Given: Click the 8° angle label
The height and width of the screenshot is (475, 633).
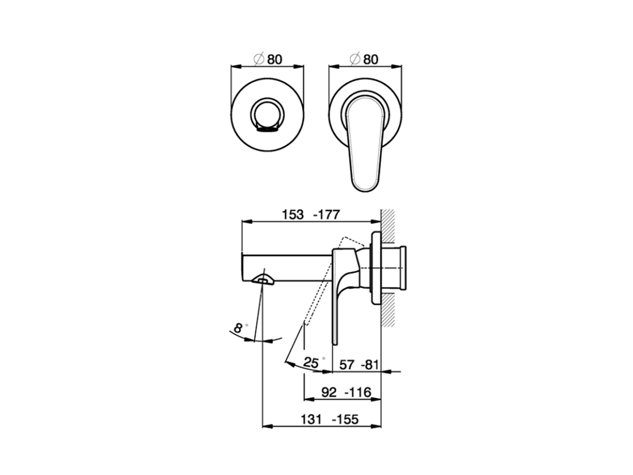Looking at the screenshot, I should pos(239,327).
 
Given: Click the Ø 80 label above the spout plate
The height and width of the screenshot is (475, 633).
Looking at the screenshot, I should pos(268,59).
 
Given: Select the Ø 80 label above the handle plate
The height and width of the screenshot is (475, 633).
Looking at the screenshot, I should pos(364,59).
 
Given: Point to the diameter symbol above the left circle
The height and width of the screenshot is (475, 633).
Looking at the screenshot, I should pos(258,59).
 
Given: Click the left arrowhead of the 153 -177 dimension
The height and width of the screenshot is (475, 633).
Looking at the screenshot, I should pos(244,222).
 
